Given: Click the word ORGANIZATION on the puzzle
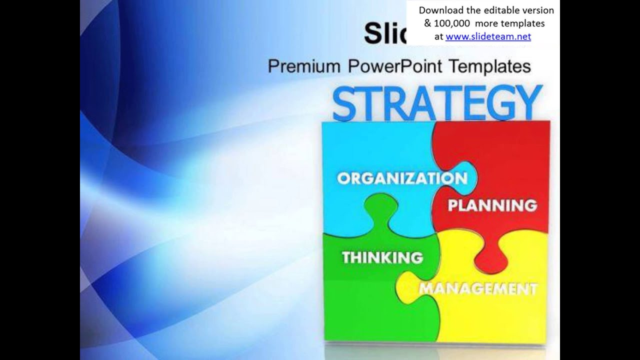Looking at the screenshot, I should tap(402, 178).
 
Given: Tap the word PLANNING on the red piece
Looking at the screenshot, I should tap(492, 205).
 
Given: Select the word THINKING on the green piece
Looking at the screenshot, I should tap(382, 257).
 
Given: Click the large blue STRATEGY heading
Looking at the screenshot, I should tap(437, 103).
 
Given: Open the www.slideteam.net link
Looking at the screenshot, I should tap(488, 36).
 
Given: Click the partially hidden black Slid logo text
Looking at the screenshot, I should tap(385, 34).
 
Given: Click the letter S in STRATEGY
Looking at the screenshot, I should tap(345, 103).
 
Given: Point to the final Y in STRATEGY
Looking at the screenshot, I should tap(529, 103).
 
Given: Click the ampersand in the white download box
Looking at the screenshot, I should tap(428, 23).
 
